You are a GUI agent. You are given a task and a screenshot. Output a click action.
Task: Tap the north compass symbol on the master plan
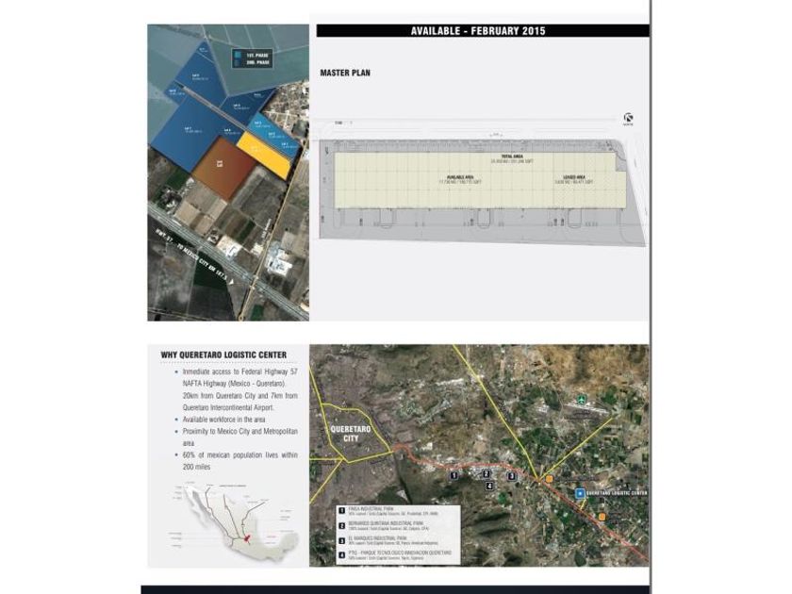628,118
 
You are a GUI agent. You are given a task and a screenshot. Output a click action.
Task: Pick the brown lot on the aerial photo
223,166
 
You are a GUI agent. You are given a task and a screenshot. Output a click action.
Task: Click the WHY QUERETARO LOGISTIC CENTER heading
223,355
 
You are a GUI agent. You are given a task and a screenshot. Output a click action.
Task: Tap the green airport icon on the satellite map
582,399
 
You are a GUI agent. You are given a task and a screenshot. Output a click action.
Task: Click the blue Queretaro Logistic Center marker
579,492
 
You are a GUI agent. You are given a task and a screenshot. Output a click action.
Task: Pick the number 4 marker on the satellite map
489,486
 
